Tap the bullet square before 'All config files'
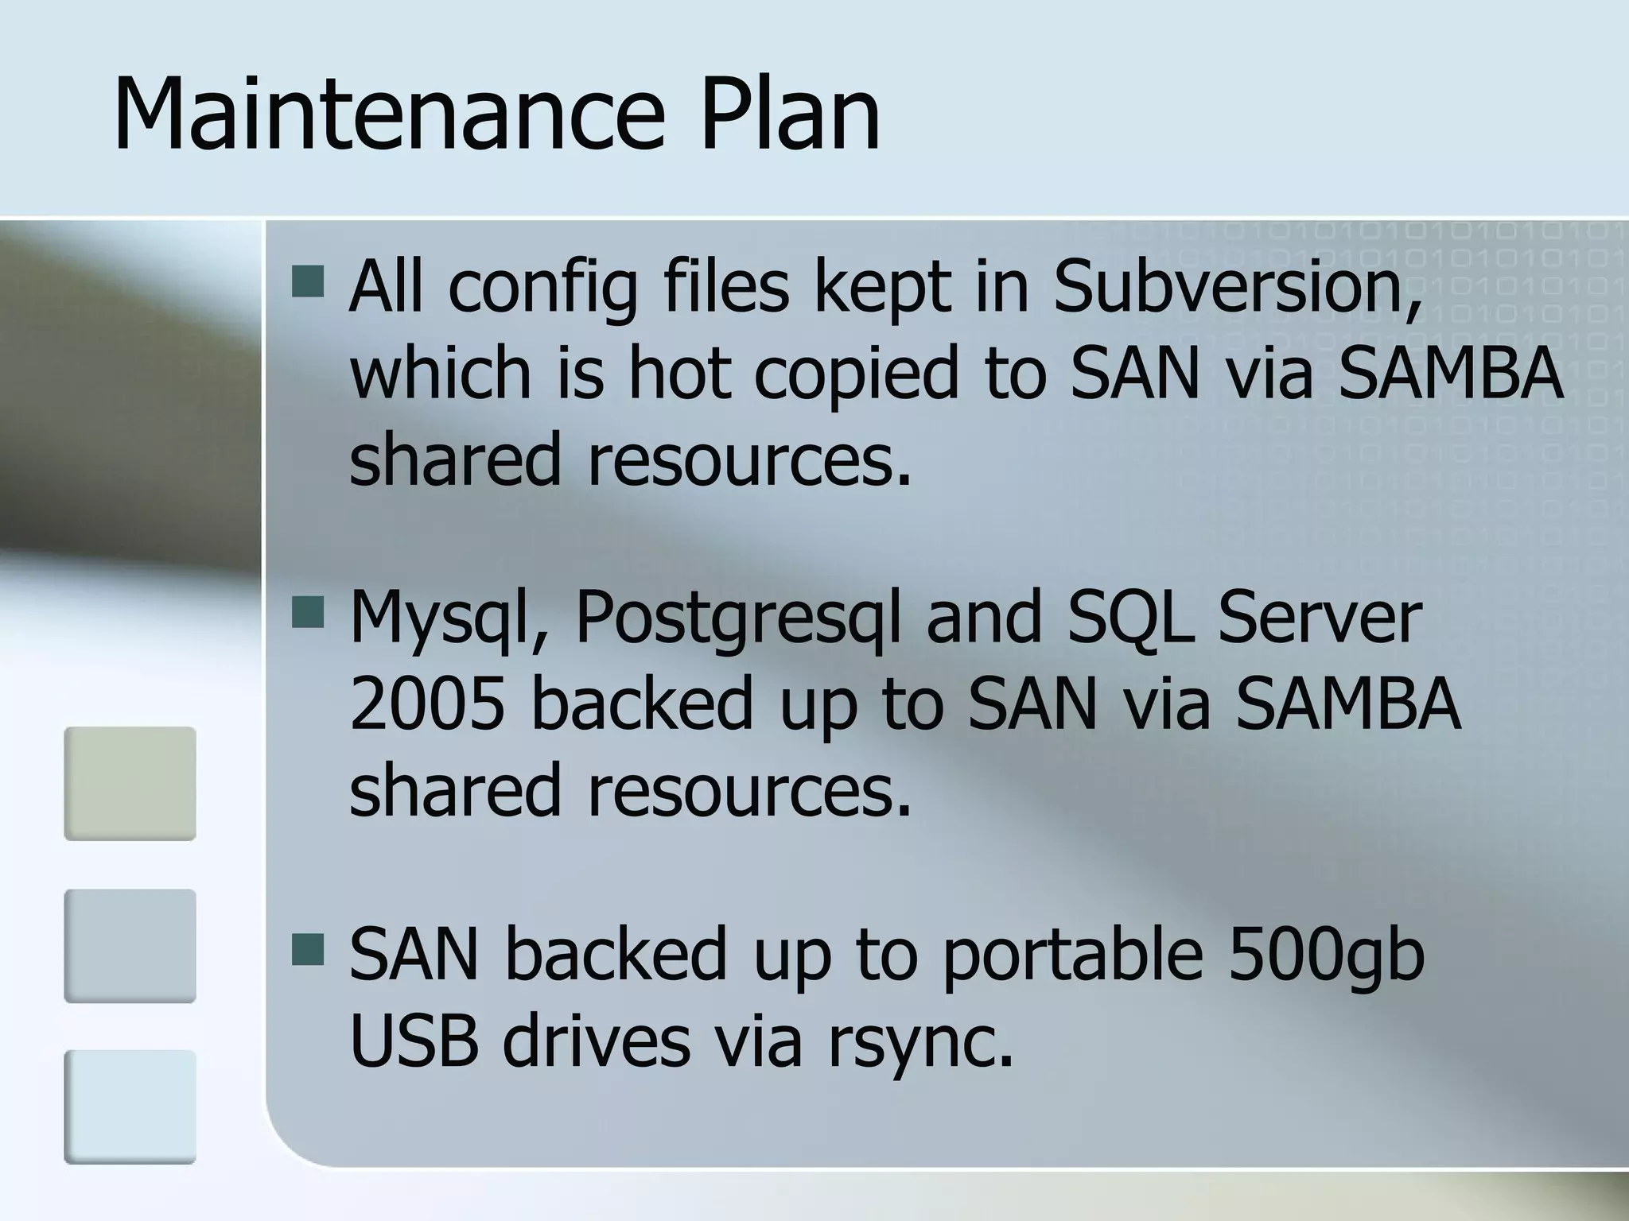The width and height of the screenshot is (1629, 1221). click(308, 281)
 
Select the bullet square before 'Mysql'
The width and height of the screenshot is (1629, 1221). click(308, 613)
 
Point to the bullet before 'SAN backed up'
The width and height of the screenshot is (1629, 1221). click(308, 949)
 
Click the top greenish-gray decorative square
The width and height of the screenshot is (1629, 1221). click(130, 783)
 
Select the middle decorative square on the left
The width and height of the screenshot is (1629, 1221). click(130, 945)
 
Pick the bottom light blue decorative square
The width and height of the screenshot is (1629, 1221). click(130, 1107)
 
